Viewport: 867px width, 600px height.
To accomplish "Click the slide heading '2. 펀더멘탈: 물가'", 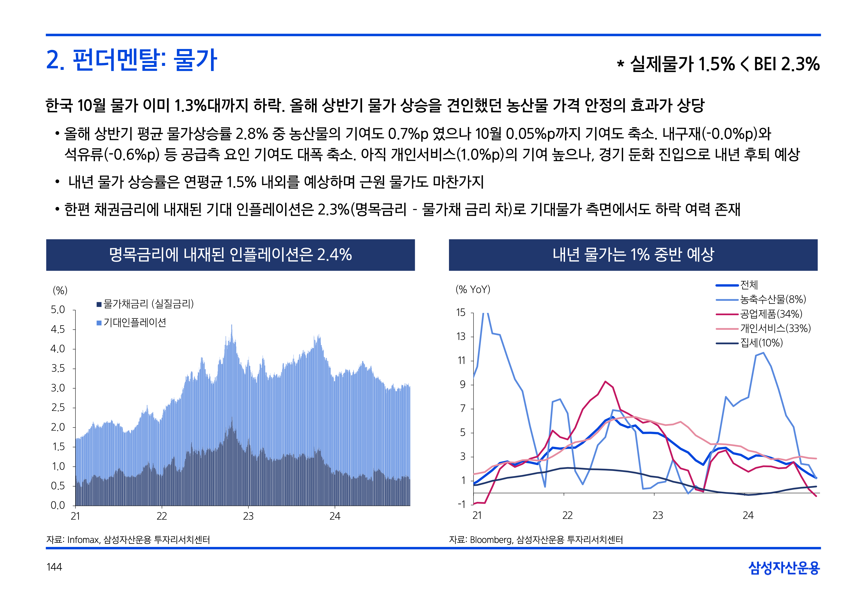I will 132,60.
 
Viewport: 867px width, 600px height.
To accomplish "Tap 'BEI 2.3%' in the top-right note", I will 786,64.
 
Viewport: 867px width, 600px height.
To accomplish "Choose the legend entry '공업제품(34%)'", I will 771,314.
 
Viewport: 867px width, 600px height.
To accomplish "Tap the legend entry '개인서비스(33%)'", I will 775,328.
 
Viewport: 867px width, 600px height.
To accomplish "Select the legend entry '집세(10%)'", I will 761,343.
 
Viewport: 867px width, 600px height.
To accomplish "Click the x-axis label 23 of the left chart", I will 248,516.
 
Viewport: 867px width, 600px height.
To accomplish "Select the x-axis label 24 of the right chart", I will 748,515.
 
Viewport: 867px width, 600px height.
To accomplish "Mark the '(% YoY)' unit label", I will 473,290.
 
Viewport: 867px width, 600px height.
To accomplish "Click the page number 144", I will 54,567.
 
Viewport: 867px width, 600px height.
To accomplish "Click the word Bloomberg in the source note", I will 491,540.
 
